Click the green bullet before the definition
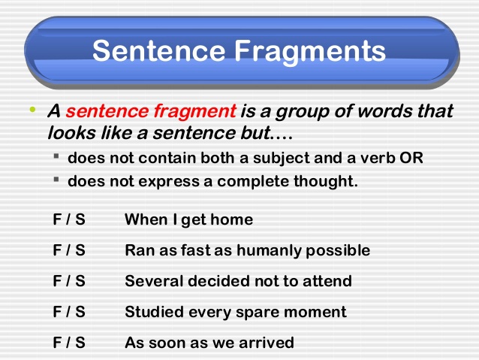(32, 110)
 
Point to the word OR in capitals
(413, 159)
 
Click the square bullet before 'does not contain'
(57, 158)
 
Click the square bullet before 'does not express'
(57, 180)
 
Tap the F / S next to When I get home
(69, 219)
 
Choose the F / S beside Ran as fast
(69, 250)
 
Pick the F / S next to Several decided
(69, 281)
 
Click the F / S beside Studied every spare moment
(69, 312)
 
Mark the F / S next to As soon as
(69, 343)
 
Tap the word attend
(328, 281)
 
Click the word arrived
(267, 343)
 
